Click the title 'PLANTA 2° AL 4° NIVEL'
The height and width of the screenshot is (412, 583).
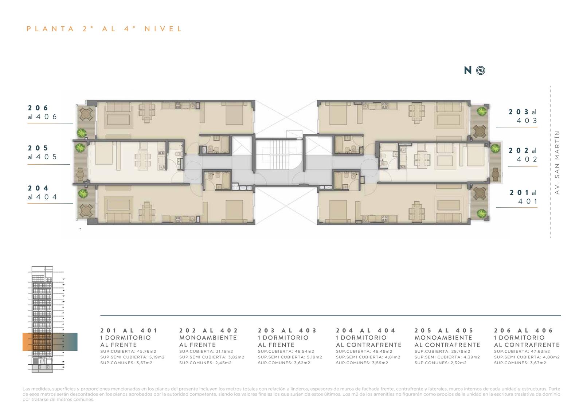[x=104, y=29]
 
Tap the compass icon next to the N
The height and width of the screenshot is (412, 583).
[x=481, y=70]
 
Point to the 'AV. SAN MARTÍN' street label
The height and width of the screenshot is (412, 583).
[x=557, y=162]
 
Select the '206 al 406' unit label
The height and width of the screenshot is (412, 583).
[x=42, y=112]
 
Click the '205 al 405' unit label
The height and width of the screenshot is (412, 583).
[x=42, y=152]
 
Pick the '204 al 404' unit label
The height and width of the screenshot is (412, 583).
[x=42, y=192]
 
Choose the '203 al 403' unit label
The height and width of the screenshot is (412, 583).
[x=523, y=116]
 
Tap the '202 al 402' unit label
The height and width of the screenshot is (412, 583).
[x=523, y=154]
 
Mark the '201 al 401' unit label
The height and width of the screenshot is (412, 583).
[x=523, y=197]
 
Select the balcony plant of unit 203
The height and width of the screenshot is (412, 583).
[x=482, y=111]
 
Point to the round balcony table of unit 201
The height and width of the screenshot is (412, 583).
[x=479, y=193]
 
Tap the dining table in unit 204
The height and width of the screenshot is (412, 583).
[x=147, y=212]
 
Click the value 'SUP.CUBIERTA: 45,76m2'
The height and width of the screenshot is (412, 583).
[x=128, y=352]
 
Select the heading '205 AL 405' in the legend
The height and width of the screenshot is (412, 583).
[x=444, y=330]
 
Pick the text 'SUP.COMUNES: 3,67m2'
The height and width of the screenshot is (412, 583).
[x=520, y=363]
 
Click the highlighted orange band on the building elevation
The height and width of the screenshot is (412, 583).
[x=50, y=342]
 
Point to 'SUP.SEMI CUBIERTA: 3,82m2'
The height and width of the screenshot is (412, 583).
[x=212, y=357]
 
